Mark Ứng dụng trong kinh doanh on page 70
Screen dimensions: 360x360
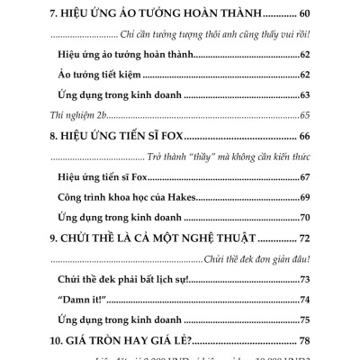tap(119, 218)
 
